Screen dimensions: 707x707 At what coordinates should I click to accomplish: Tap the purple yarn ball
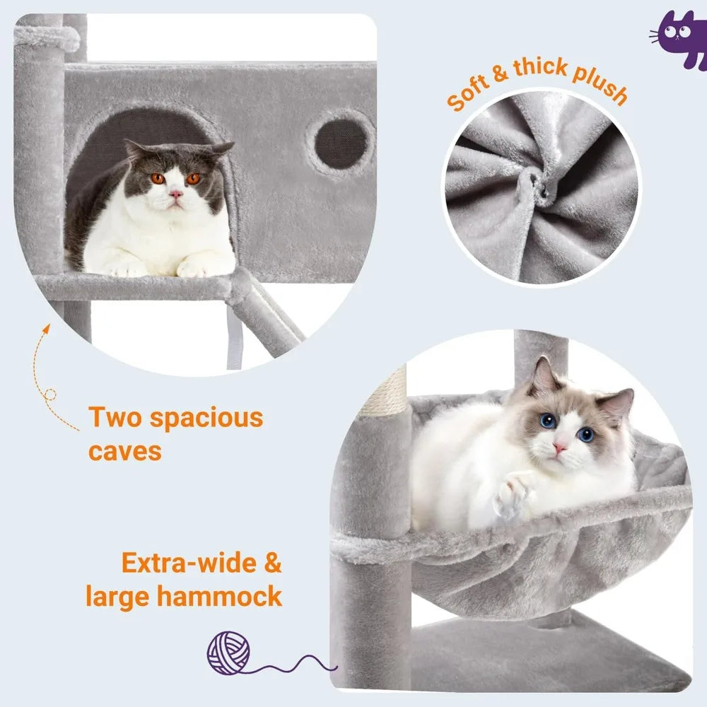[228, 653]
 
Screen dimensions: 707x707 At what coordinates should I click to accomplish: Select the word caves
[125, 450]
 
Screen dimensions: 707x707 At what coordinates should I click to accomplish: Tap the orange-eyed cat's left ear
[135, 150]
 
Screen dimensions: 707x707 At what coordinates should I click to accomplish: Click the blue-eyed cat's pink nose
[559, 448]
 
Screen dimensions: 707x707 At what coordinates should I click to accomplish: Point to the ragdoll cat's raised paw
[515, 493]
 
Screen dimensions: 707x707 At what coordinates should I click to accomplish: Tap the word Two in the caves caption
[114, 418]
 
